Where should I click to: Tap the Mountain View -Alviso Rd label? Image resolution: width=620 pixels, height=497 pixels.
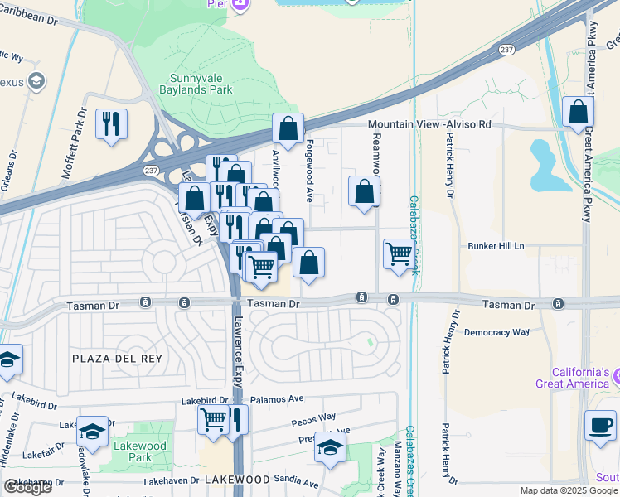pos(429,124)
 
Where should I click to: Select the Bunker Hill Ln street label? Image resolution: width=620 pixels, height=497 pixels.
pos(497,246)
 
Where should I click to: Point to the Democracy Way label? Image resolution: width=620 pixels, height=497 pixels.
pos(496,332)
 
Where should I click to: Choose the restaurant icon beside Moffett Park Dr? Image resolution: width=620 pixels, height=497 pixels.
pos(110,125)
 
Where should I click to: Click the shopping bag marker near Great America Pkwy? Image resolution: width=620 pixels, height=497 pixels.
pos(578,111)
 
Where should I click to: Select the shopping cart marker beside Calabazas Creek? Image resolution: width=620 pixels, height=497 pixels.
pos(400,253)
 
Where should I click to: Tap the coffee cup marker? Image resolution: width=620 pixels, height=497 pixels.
pos(599,425)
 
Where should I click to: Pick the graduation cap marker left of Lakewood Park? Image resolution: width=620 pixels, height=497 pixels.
pos(92,432)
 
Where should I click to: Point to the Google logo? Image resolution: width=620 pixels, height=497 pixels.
pos(27,488)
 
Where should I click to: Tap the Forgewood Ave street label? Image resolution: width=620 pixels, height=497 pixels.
pos(309,170)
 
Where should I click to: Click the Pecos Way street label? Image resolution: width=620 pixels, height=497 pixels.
pos(313,417)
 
